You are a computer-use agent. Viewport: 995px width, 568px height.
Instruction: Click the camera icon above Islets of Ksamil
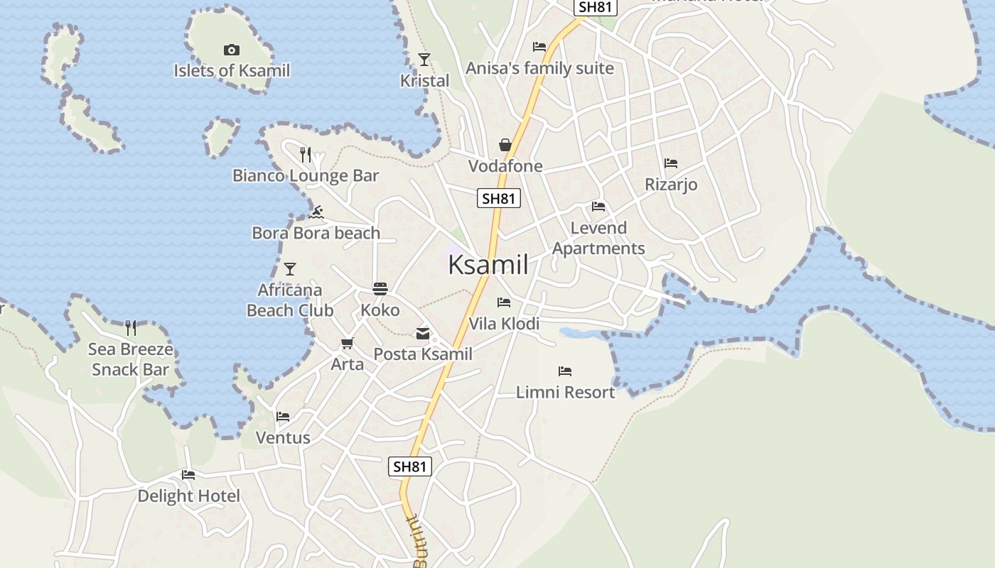point(231,50)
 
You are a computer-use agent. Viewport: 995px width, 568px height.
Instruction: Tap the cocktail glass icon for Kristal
point(424,60)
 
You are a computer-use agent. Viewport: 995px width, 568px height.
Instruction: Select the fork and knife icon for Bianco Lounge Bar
point(306,154)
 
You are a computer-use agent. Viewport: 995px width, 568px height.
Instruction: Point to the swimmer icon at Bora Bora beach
point(316,212)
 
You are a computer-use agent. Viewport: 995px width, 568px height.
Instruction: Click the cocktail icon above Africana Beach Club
point(289,269)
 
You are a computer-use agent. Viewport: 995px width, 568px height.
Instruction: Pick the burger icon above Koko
point(380,289)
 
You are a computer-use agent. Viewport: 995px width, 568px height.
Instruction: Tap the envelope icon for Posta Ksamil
point(423,333)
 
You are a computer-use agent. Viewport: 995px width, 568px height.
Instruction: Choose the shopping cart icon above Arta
point(347,344)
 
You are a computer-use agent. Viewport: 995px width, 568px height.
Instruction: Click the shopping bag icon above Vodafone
point(505,145)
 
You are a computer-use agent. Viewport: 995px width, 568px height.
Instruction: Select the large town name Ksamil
point(488,265)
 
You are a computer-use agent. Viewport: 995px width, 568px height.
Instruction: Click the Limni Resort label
point(566,392)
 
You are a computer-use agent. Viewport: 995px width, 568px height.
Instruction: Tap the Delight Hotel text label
point(189,496)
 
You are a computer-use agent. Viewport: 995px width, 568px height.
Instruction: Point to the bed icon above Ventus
point(283,417)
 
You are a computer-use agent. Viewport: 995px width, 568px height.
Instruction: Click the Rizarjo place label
point(671,185)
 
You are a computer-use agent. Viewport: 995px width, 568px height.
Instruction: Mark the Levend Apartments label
point(598,238)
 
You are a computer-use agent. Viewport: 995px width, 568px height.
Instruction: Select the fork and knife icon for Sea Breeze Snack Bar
point(131,327)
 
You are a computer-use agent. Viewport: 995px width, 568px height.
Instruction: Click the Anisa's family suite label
point(539,68)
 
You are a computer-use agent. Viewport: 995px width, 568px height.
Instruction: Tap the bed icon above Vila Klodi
point(504,302)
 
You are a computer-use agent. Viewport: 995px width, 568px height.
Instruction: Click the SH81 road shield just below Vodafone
point(498,199)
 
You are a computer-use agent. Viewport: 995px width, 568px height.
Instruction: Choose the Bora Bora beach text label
point(316,233)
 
